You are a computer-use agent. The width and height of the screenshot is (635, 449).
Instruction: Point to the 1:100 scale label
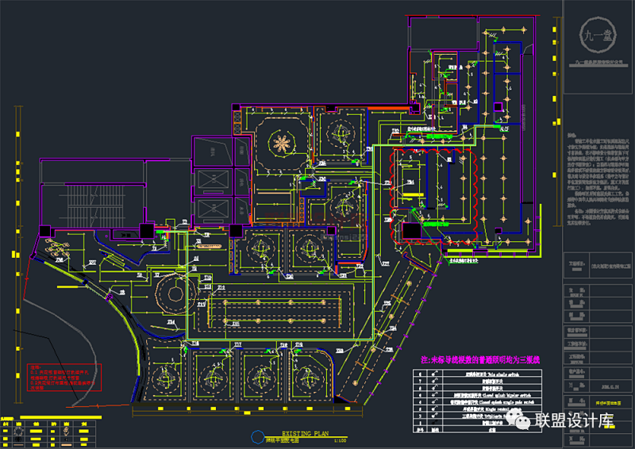tap(339, 440)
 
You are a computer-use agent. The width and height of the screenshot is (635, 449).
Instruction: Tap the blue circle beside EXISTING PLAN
tap(256, 437)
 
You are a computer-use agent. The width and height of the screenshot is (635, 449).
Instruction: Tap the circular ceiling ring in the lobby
tap(170, 295)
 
